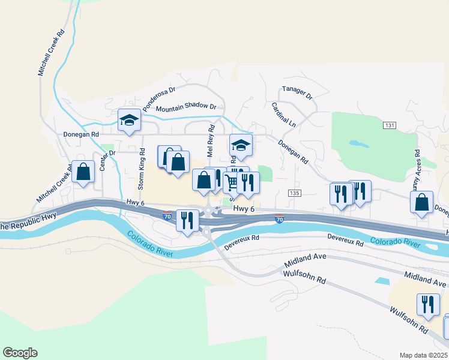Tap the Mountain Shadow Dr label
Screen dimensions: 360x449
pos(185,107)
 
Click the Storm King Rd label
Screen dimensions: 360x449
pos(142,170)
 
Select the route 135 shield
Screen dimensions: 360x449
pos(294,193)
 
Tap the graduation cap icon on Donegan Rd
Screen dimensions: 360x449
pos(128,120)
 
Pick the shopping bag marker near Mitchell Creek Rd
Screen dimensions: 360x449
pos(83,172)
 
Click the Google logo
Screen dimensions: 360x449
pos(19,353)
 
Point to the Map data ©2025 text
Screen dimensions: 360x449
pos(424,355)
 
